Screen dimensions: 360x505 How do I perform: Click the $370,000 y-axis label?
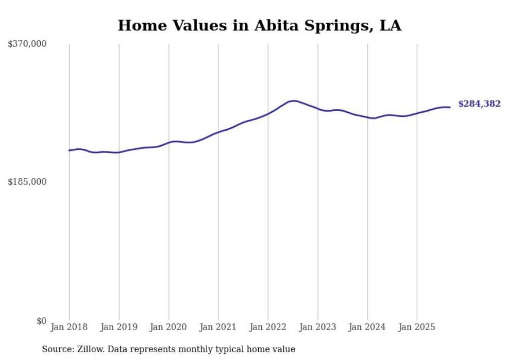coord(27,44)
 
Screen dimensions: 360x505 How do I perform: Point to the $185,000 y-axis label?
coord(27,182)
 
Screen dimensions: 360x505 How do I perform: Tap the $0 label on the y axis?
coord(41,321)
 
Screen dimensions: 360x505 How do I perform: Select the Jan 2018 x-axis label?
coord(69,327)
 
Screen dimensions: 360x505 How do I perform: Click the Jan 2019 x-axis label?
coord(119,327)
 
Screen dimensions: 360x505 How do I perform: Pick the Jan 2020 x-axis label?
coord(169,327)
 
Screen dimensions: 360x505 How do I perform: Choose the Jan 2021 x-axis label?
coord(218,327)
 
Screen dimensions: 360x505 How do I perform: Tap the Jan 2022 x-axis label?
coord(268,327)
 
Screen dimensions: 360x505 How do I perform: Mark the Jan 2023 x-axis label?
coord(317,327)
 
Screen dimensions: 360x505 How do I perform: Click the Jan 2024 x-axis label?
coord(367,327)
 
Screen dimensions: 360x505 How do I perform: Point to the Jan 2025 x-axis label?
coord(417,327)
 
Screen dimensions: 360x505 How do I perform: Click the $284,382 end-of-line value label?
coord(479,104)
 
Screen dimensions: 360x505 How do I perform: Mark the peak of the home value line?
coord(293,101)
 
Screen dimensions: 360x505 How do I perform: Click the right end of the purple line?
coord(450,107)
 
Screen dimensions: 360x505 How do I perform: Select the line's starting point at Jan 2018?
coord(69,150)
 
